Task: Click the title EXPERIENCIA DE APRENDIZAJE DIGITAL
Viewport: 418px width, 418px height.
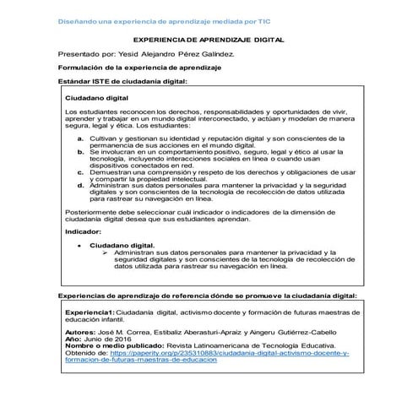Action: (x=209, y=40)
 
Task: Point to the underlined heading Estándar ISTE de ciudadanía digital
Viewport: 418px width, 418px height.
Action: (x=122, y=81)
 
